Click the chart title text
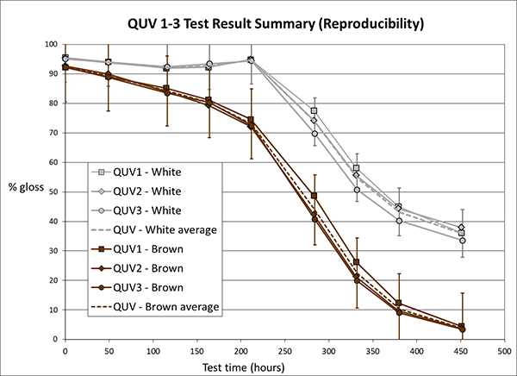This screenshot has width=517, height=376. click(258, 23)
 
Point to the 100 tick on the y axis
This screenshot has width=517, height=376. click(52, 45)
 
